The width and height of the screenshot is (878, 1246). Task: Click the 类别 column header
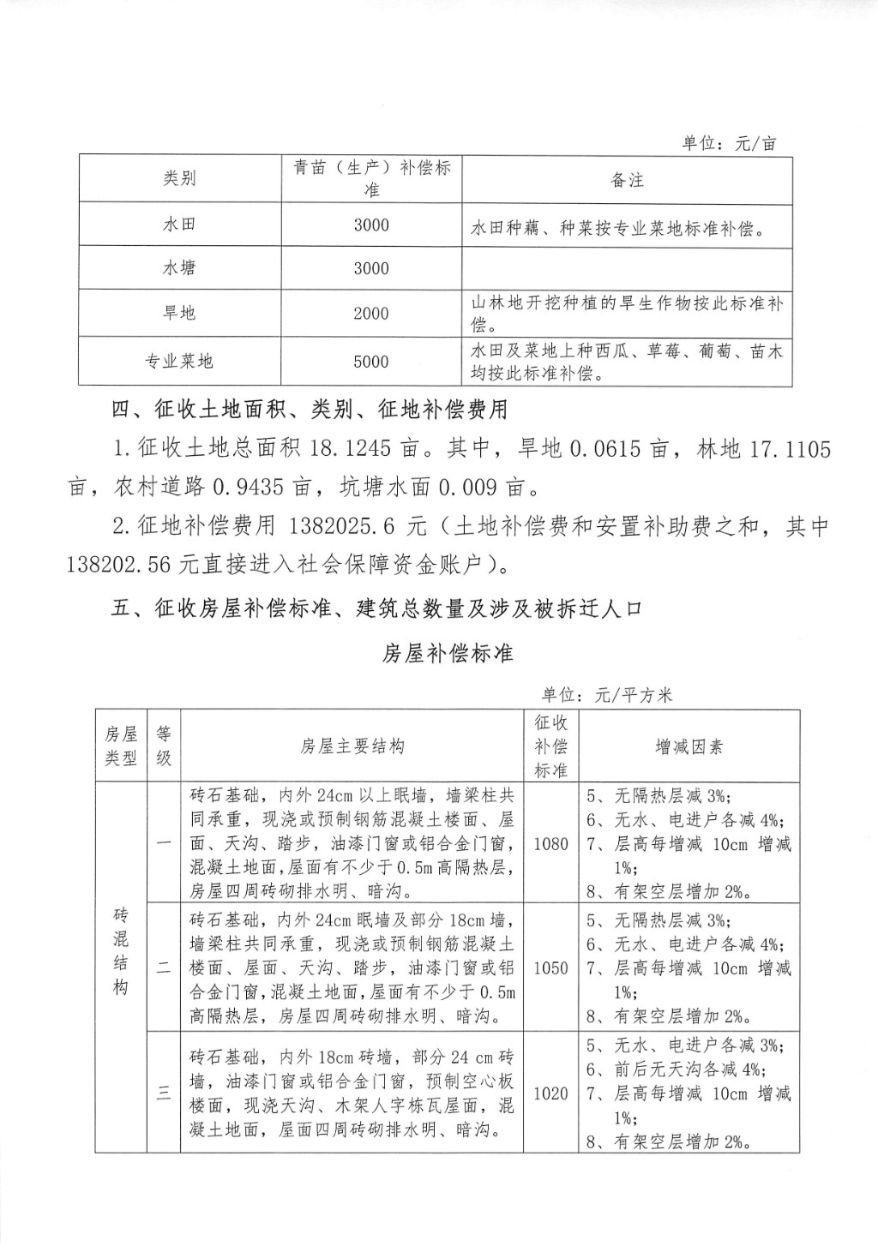(180, 178)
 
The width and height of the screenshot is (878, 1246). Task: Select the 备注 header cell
(627, 180)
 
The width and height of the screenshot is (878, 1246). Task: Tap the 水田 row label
(180, 225)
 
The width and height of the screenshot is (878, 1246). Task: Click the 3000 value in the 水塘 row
(371, 268)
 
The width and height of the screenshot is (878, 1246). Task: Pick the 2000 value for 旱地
(371, 314)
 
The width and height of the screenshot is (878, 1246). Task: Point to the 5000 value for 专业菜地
(371, 362)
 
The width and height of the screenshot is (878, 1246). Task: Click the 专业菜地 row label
(179, 362)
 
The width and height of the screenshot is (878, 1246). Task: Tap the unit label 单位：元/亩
(730, 143)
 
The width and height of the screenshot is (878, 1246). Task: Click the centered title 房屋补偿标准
(447, 653)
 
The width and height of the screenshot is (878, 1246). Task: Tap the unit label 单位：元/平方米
(606, 695)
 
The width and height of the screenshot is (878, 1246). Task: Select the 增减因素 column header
(689, 746)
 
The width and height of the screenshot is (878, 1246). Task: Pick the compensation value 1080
(550, 844)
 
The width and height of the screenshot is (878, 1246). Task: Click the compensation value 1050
(550, 968)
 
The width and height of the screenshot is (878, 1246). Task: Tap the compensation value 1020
(550, 1093)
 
